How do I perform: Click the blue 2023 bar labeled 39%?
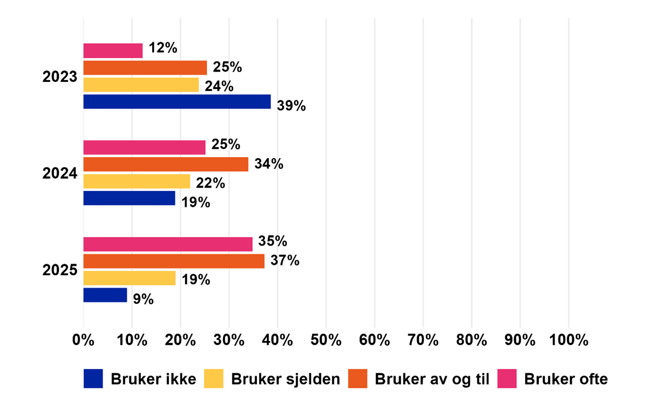177,102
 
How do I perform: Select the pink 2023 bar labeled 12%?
113,51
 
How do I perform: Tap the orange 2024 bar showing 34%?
166,164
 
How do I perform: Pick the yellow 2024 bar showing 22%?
137,181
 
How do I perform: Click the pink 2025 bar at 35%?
168,244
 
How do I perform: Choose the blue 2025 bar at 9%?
105,295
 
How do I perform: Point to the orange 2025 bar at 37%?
174,261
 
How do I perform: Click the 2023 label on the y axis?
60,77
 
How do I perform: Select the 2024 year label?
60,173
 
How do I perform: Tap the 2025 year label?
60,270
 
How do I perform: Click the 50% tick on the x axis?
326,341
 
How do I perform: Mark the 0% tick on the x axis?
84,341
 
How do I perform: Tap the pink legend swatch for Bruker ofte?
507,379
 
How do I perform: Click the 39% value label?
291,106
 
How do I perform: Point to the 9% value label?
143,300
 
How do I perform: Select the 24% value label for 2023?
219,86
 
